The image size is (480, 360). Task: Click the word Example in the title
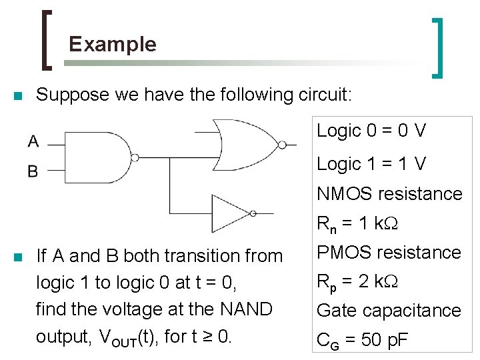tap(113, 45)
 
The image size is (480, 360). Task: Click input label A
tap(33, 141)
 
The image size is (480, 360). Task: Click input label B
tap(33, 171)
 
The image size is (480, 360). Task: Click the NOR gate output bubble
tap(283, 143)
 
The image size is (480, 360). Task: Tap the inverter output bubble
tap(253, 213)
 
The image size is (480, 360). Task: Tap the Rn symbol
tap(325, 225)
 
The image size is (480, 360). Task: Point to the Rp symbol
tap(325, 282)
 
